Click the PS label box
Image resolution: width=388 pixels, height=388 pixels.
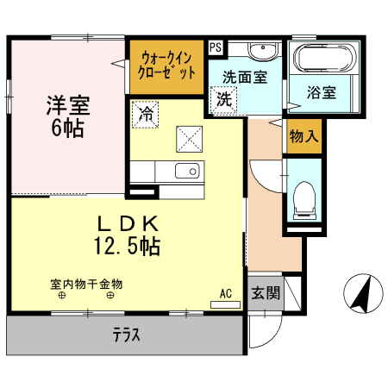215,47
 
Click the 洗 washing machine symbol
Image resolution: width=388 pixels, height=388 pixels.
224,98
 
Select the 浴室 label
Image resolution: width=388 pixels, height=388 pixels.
321,93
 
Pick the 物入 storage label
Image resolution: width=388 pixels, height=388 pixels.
304,135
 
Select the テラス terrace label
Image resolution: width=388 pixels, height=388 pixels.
126,335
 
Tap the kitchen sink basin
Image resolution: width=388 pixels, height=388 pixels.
187,171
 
